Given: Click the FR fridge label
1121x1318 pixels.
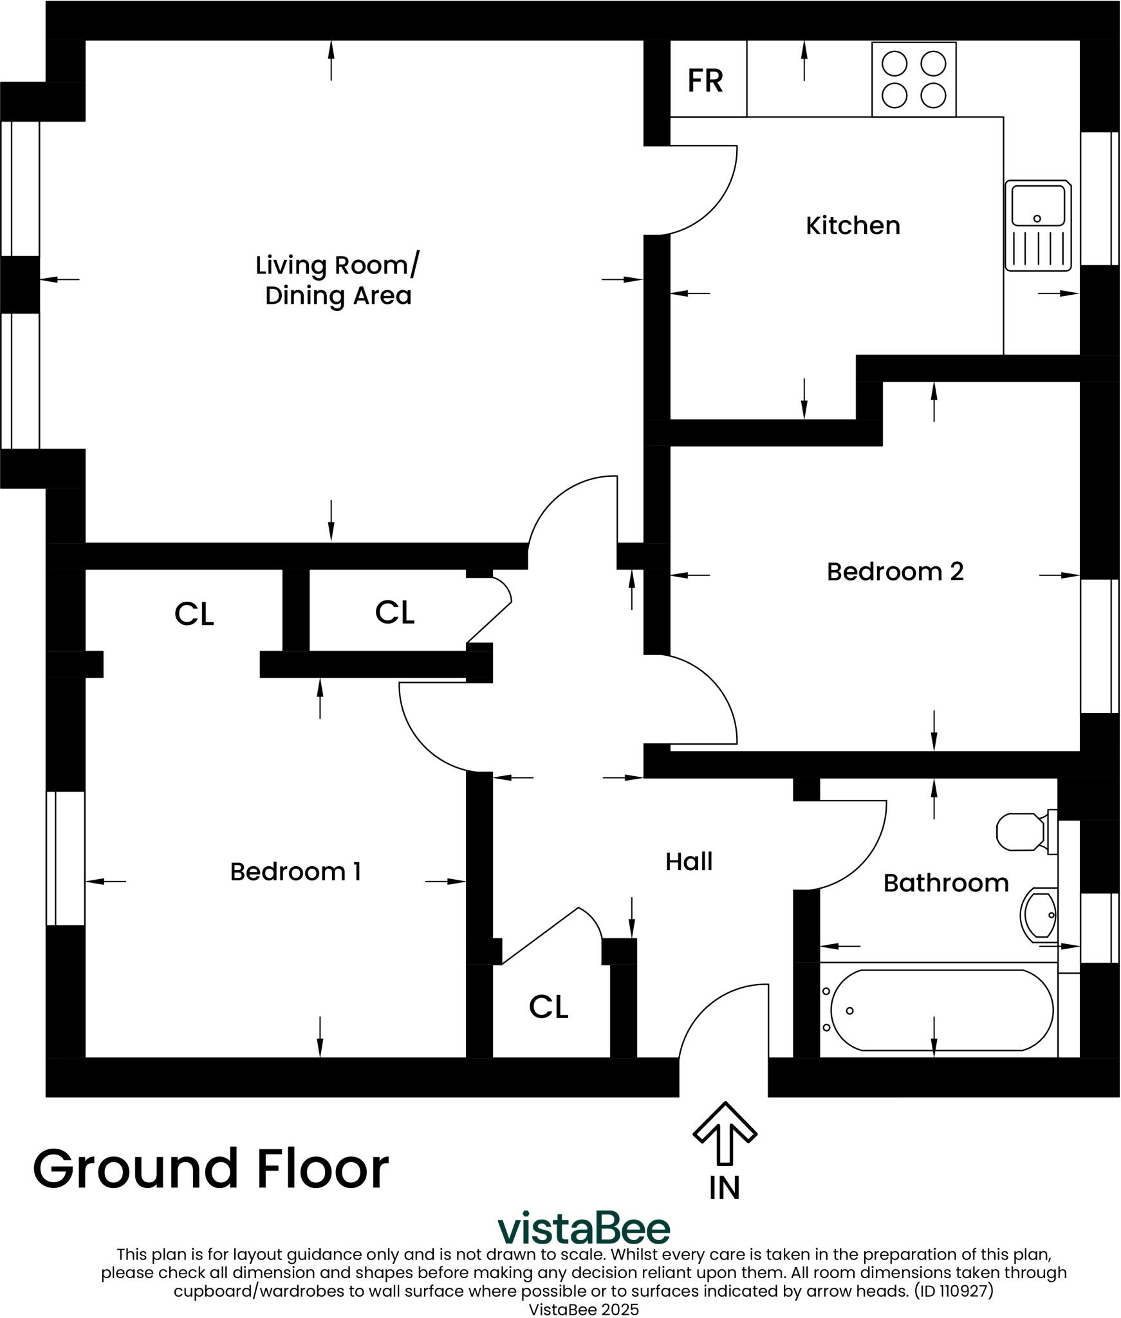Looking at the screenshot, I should click(x=705, y=81).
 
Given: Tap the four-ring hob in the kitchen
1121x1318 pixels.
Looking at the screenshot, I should click(x=913, y=79).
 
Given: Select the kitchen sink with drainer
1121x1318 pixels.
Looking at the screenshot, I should click(x=1038, y=225).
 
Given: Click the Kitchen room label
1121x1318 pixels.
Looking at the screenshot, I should click(x=853, y=226).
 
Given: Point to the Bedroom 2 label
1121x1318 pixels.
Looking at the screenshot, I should click(x=895, y=571).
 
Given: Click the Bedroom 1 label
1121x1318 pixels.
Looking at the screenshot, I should click(x=295, y=872).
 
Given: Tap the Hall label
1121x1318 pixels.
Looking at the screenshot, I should click(x=689, y=862).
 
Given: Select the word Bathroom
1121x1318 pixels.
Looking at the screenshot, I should click(x=946, y=883).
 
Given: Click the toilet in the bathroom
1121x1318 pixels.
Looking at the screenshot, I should click(x=1023, y=832).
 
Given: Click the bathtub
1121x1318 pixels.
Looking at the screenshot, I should click(x=941, y=1010).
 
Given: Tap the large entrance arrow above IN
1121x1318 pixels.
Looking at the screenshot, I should click(x=725, y=1133).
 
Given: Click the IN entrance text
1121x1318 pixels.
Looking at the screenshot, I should click(x=725, y=1188).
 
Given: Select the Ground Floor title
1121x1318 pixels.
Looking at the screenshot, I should click(x=211, y=1168).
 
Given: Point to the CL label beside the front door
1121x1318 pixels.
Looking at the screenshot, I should click(x=548, y=1007).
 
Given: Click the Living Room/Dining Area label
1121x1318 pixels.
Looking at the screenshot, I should click(x=338, y=280).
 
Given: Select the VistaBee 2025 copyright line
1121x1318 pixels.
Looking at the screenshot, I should click(x=584, y=1309).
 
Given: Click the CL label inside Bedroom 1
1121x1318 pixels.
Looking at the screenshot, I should click(x=194, y=614).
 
